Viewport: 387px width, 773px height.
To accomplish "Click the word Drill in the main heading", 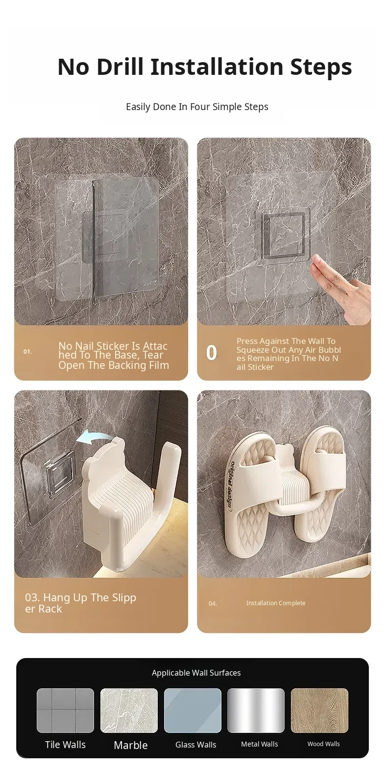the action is pyautogui.click(x=120, y=67).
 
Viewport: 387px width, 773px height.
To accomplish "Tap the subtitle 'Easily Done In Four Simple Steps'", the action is pyautogui.click(x=197, y=107).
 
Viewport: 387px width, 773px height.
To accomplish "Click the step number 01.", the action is pyautogui.click(x=27, y=352).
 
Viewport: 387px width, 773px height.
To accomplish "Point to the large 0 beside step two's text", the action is pyautogui.click(x=212, y=353).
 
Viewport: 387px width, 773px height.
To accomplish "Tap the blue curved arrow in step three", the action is pyautogui.click(x=93, y=437).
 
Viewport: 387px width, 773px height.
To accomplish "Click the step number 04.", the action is pyautogui.click(x=213, y=604).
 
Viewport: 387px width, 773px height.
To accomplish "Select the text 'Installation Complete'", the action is pyautogui.click(x=276, y=603).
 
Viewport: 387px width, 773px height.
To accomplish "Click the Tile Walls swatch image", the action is pyautogui.click(x=65, y=710).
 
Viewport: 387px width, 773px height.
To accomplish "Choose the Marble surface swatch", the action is pyautogui.click(x=129, y=710).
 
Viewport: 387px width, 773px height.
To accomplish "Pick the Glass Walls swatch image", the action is pyautogui.click(x=193, y=710).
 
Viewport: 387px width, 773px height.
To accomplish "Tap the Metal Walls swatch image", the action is pyautogui.click(x=256, y=710).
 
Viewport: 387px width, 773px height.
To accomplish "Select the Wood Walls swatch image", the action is pyautogui.click(x=319, y=710).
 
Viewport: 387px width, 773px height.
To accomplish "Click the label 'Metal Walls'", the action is pyautogui.click(x=260, y=744).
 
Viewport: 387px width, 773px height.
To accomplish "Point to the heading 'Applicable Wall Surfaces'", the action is pyautogui.click(x=196, y=673).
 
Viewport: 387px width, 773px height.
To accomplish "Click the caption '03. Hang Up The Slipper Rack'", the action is pyautogui.click(x=80, y=603).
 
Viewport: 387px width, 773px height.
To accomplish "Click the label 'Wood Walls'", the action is pyautogui.click(x=324, y=744).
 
